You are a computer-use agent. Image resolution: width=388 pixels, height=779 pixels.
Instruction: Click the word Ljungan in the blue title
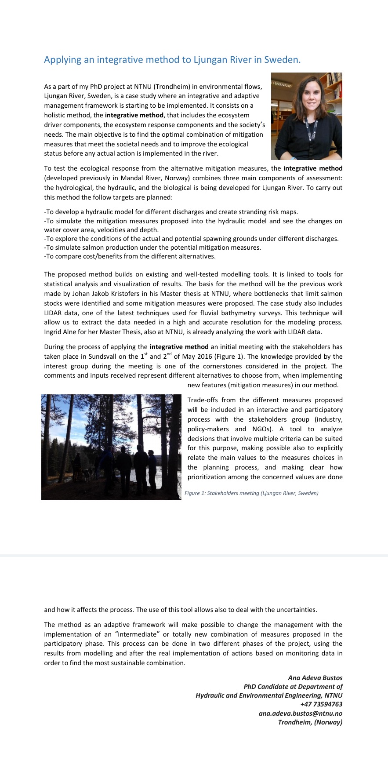[x=210, y=60]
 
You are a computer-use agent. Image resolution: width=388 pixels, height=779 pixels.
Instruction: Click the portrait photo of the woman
[x=306, y=116]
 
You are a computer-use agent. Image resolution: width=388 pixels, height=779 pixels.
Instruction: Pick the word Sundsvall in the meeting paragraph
[x=102, y=357]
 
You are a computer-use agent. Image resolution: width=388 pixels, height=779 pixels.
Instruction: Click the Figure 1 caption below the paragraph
[x=251, y=493]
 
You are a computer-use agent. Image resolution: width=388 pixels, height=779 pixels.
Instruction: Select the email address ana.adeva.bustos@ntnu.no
[x=301, y=713]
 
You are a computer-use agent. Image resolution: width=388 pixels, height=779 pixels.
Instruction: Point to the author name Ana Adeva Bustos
[x=315, y=678]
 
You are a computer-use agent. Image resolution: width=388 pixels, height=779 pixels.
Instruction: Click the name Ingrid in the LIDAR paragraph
[x=54, y=332]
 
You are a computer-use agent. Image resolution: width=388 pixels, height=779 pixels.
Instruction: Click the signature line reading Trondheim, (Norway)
[x=310, y=722]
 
